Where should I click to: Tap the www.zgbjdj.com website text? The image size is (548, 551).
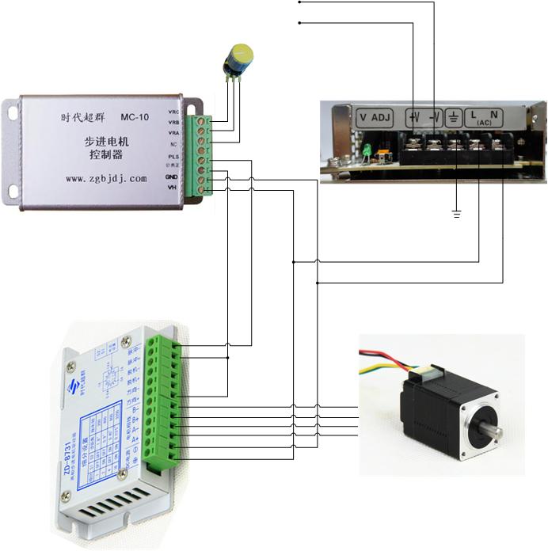(106, 179)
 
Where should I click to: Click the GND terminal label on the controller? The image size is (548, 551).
(172, 177)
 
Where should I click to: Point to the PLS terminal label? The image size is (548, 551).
(173, 157)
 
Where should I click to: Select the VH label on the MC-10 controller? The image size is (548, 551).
(173, 187)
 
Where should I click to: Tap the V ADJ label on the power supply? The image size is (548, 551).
(375, 118)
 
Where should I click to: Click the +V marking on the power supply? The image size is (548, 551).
(413, 118)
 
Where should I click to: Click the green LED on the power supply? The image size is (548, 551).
(368, 150)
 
